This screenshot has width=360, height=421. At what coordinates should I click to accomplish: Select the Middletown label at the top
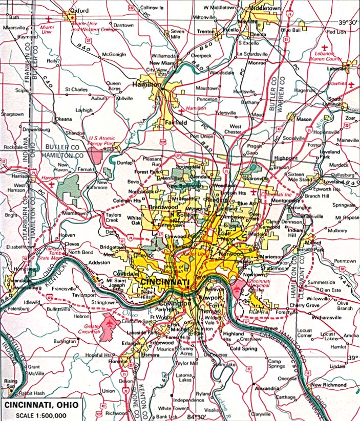pyautogui.click(x=264, y=9)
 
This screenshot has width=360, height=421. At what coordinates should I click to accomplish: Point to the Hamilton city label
pyautogui.click(x=146, y=84)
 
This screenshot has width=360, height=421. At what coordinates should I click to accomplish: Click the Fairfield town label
pyautogui.click(x=176, y=123)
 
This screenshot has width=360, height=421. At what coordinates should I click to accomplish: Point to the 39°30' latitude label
pyautogui.click(x=347, y=23)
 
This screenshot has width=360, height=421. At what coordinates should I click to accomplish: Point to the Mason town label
pyautogui.click(x=304, y=119)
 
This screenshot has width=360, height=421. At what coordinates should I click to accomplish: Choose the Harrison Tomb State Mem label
pyautogui.click(x=61, y=255)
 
